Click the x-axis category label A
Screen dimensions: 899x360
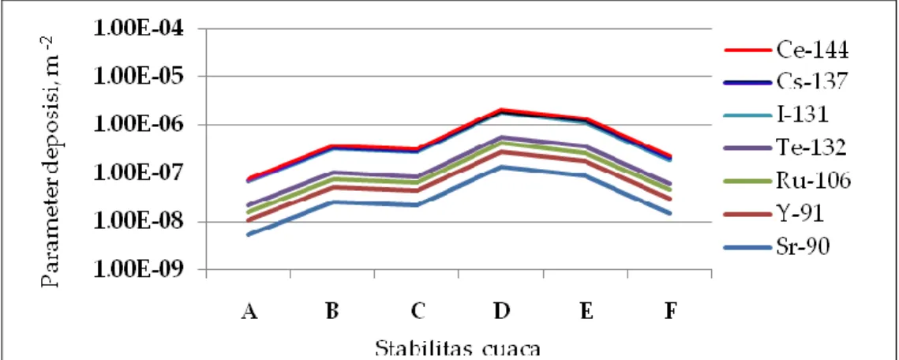click(x=248, y=311)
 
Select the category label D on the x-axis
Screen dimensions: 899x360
click(x=502, y=311)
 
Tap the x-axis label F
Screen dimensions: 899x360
click(x=669, y=311)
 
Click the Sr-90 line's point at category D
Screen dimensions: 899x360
click(x=502, y=167)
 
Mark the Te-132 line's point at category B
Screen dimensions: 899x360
click(x=332, y=173)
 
